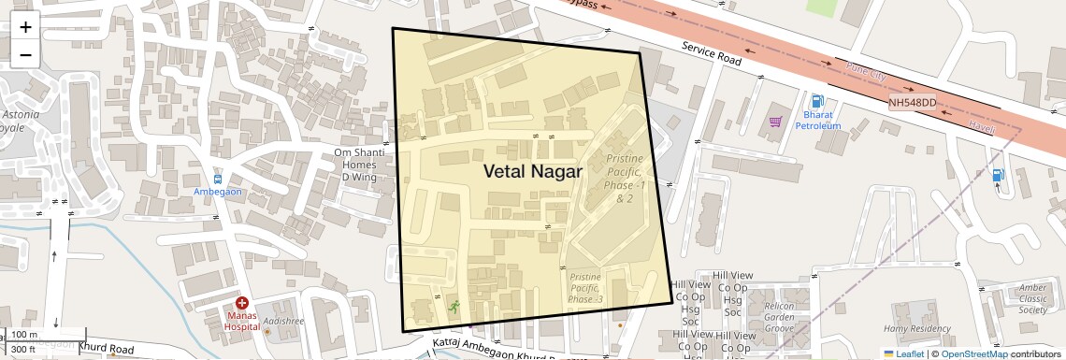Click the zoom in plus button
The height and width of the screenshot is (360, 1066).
pyautogui.click(x=25, y=27)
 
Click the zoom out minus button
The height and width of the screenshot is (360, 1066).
pyautogui.click(x=25, y=55)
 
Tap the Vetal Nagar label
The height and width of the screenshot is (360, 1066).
pyautogui.click(x=532, y=171)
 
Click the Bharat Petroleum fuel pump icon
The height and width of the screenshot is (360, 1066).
pyautogui.click(x=818, y=101)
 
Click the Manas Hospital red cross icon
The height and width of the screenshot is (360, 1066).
pyautogui.click(x=241, y=303)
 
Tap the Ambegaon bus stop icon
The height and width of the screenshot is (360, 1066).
pyautogui.click(x=218, y=178)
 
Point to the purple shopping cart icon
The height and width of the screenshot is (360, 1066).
pyautogui.click(x=775, y=122)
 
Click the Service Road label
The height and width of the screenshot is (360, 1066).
pyautogui.click(x=711, y=53)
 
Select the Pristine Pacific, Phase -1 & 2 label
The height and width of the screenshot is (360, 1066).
pyautogui.click(x=624, y=179)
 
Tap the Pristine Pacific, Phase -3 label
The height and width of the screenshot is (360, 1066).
pyautogui.click(x=586, y=288)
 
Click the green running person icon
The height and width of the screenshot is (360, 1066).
pyautogui.click(x=454, y=307)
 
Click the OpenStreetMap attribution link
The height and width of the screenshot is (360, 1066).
pyautogui.click(x=981, y=354)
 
